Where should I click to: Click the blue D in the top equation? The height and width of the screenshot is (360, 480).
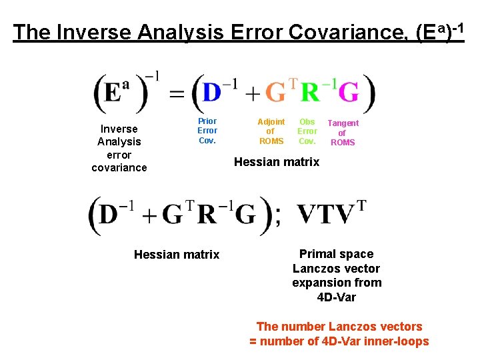[x=212, y=93]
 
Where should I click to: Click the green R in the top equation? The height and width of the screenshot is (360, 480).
[x=310, y=93]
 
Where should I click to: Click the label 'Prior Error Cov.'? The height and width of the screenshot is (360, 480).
[x=207, y=131]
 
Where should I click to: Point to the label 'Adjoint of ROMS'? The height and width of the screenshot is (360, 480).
[x=271, y=131]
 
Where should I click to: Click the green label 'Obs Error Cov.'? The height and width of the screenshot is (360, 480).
[x=307, y=131]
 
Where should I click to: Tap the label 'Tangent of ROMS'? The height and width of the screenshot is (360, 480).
[x=343, y=133]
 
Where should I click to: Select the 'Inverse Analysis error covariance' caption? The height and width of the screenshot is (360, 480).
[x=119, y=148]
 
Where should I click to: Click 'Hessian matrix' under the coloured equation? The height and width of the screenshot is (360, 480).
[x=277, y=162]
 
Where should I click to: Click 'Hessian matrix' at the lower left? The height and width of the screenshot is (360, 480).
[x=177, y=254]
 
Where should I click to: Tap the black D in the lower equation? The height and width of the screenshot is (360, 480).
[x=111, y=215]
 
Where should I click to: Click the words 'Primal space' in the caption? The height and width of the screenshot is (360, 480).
[x=337, y=254]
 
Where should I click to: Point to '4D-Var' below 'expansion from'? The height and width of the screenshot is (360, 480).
[x=337, y=297]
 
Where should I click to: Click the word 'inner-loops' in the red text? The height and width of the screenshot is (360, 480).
[x=397, y=341]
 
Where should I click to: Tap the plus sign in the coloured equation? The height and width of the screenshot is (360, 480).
[x=253, y=95]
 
